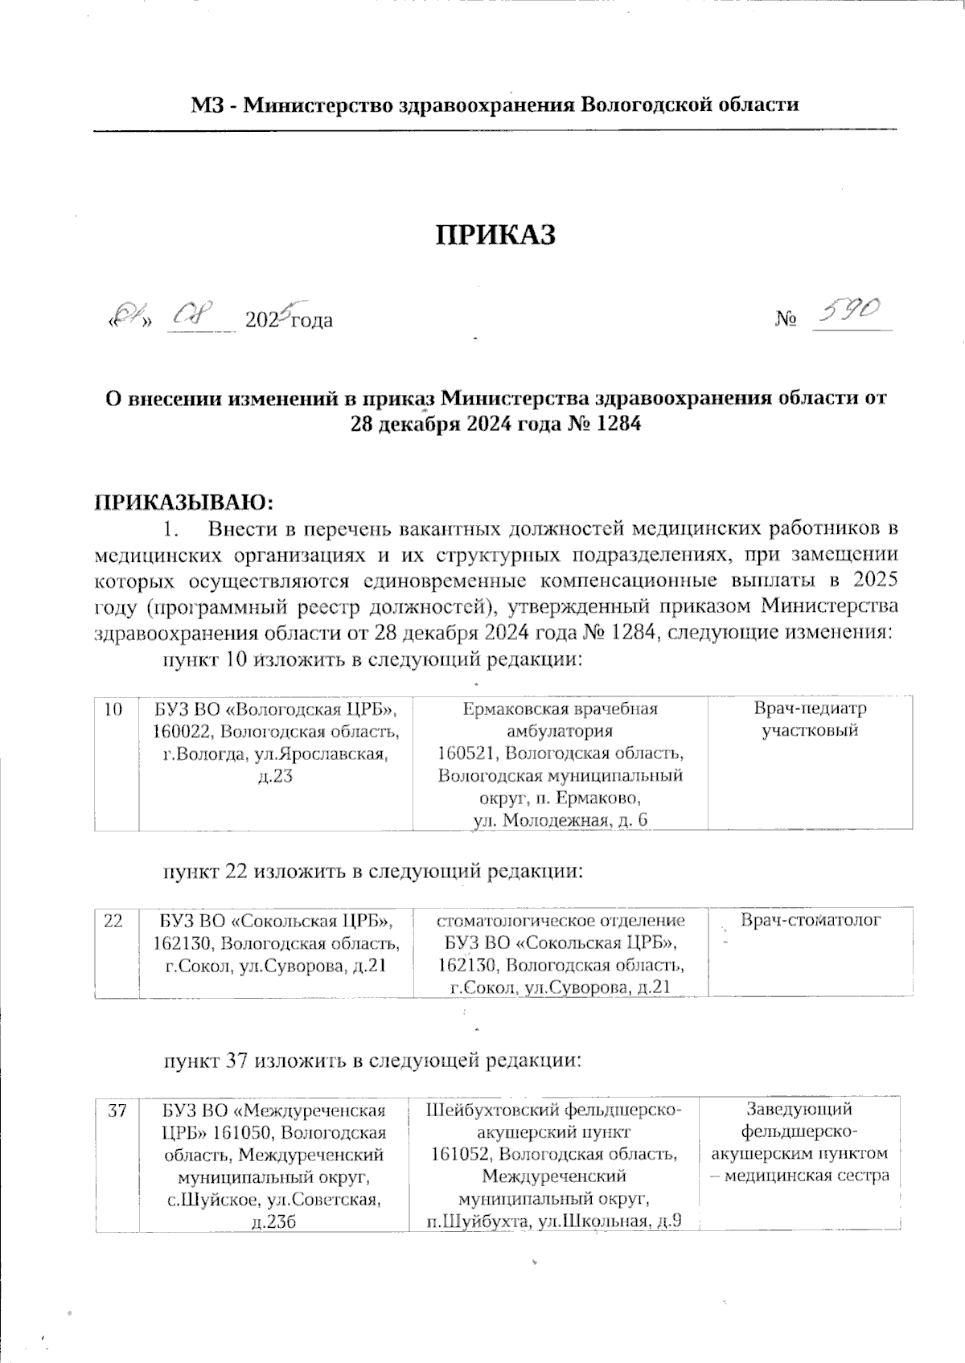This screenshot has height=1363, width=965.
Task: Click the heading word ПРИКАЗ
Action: [496, 234]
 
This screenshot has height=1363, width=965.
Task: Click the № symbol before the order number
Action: [786, 320]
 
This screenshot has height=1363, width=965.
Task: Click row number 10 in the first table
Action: [114, 709]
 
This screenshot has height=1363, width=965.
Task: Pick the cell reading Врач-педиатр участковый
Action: [810, 720]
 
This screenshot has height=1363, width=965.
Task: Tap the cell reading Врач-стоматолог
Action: [810, 920]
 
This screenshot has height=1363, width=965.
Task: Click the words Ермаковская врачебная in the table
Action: [561, 709]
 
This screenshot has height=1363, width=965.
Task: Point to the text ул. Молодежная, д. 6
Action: [561, 820]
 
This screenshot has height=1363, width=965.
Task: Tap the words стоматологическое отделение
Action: [561, 920]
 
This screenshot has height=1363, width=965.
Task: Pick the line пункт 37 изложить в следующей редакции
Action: [372, 1061]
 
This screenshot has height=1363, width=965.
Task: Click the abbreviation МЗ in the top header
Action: [206, 105]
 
